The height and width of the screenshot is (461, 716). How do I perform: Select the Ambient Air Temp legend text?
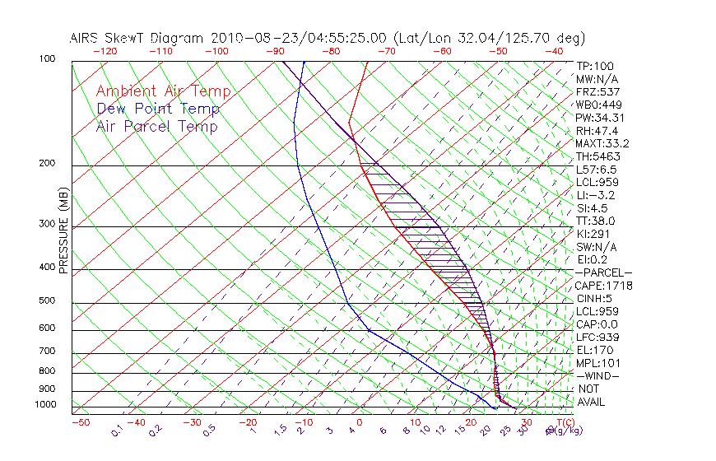click(163, 91)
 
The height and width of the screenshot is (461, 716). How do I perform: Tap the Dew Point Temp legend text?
click(158, 109)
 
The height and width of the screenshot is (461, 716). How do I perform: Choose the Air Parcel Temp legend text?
click(156, 126)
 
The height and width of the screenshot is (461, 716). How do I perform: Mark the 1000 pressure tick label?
click(46, 405)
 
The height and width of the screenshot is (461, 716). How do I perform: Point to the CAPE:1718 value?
click(603, 286)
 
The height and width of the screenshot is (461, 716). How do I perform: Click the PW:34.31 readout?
click(601, 118)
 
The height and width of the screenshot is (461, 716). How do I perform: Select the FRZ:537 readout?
click(598, 92)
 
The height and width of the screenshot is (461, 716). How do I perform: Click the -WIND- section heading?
click(598, 375)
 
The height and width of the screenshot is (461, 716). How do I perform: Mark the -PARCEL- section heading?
click(603, 272)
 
